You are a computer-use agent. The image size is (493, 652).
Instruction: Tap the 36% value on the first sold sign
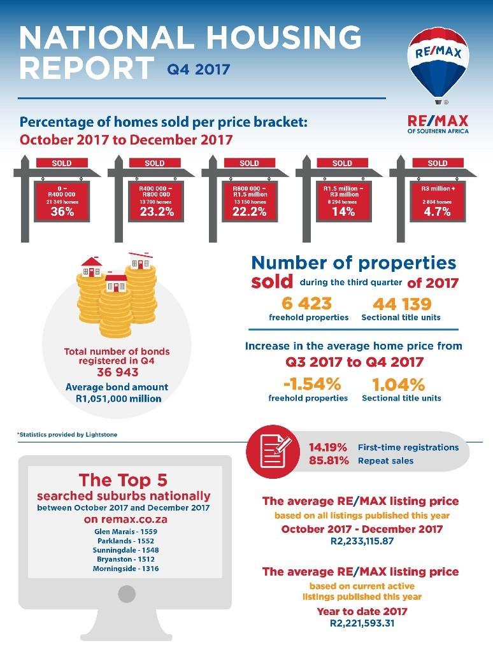click(62, 212)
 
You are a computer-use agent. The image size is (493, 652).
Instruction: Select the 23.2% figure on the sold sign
click(156, 212)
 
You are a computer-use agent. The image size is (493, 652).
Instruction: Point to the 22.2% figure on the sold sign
click(249, 212)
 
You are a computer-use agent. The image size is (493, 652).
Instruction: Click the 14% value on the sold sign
click(343, 212)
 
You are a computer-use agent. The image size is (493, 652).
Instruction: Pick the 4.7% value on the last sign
click(436, 212)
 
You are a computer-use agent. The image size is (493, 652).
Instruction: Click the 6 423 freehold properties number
click(308, 304)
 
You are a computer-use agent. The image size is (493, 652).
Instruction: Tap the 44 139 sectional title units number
click(402, 304)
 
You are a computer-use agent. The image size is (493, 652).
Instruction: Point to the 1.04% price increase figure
click(398, 384)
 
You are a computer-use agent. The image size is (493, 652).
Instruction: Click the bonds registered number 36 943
click(117, 372)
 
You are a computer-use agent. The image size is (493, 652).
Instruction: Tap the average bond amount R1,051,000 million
click(117, 399)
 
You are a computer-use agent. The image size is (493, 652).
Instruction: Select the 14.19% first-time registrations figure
click(329, 447)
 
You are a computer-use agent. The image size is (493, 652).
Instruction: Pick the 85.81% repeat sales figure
click(329, 460)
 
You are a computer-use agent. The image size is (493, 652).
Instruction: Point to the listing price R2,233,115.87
click(362, 541)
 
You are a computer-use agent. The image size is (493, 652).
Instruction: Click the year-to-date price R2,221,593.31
click(362, 623)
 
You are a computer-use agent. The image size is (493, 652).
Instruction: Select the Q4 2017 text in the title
click(198, 69)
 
